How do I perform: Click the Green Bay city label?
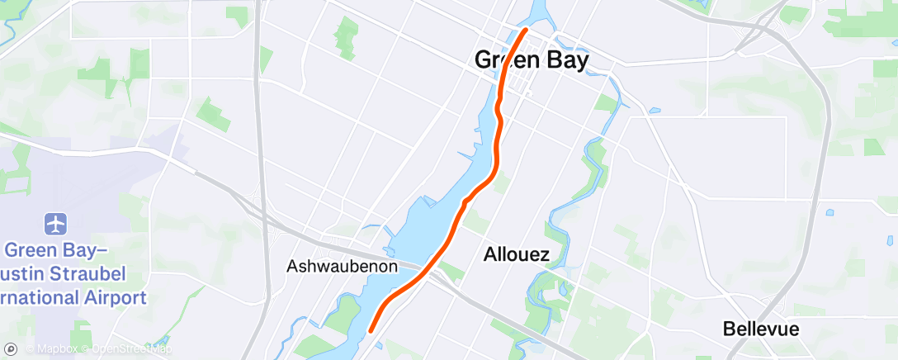click(x=532, y=60)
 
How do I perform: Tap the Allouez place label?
click(x=516, y=254)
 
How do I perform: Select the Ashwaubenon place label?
click(x=343, y=267)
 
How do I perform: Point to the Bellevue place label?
click(x=761, y=329)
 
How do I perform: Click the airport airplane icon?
click(x=56, y=223)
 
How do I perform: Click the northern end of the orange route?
click(x=525, y=31)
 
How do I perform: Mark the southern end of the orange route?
click(x=371, y=329)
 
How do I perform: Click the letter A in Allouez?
click(x=489, y=254)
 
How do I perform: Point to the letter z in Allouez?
click(x=543, y=255)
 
